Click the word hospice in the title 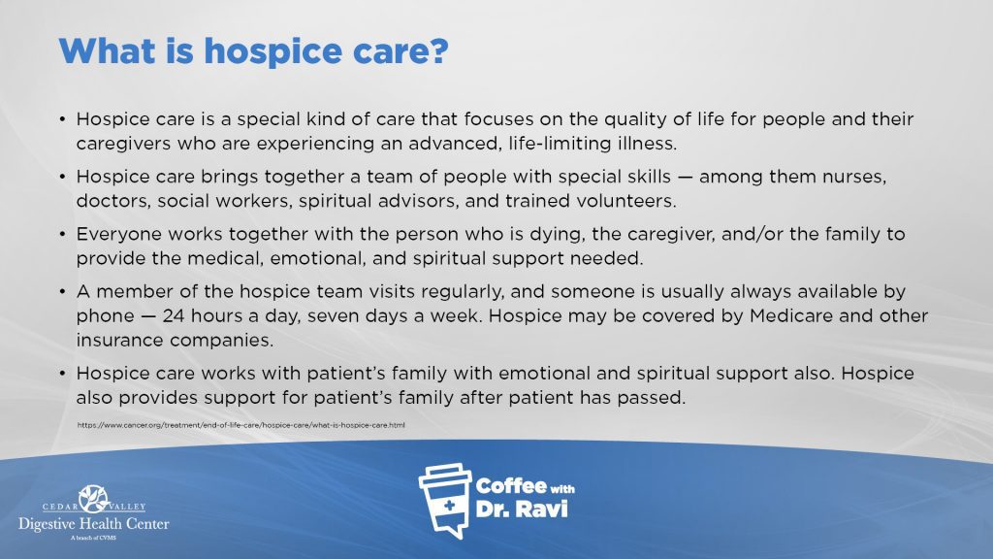point(272,52)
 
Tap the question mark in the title point(437,49)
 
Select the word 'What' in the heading point(107,49)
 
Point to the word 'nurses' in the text point(854,177)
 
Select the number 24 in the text point(174,315)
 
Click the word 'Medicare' point(791,315)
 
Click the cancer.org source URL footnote point(241,425)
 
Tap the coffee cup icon point(445,501)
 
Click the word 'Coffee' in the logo point(511,485)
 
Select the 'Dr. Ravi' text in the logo point(521,509)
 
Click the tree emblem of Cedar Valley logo point(94,498)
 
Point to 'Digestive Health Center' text point(94,524)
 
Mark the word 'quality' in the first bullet point(635,119)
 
